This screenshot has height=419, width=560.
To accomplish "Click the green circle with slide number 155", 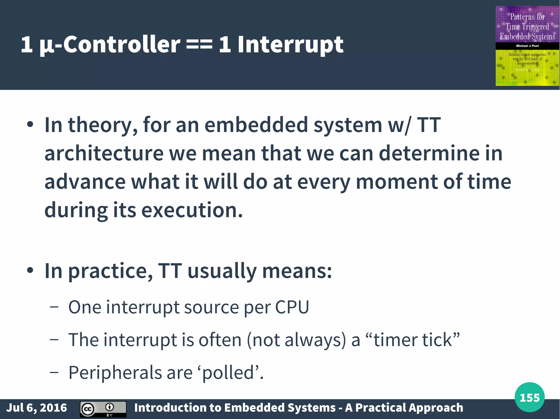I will tap(529, 397).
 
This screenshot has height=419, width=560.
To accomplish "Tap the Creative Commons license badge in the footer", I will tap(103, 409).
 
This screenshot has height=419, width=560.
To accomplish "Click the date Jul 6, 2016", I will tap(36, 408).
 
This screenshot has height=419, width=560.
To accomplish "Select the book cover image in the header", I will tap(527, 46).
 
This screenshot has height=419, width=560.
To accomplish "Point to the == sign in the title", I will tap(199, 44).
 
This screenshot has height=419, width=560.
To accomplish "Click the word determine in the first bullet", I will tap(429, 153).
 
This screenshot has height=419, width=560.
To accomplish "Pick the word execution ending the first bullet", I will tap(191, 210).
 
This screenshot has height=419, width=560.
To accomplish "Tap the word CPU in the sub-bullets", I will tap(292, 307).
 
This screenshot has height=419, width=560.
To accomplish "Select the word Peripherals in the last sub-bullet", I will tap(115, 373).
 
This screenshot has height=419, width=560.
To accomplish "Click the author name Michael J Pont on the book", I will tap(527, 46).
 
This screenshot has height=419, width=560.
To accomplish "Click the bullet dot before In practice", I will tap(30, 270).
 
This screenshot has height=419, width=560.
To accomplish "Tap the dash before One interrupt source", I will tap(54, 307).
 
